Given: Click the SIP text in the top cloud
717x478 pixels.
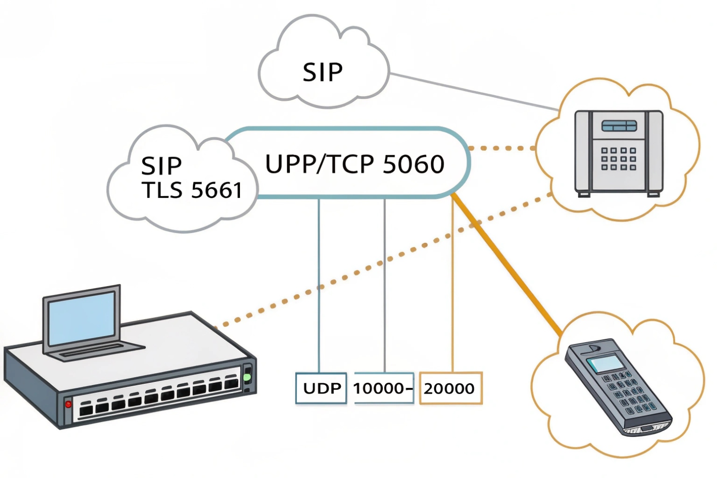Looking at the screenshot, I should (x=322, y=72).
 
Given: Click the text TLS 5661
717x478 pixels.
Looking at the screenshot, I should (x=192, y=190).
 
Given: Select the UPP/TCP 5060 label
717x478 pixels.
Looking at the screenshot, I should (x=354, y=164).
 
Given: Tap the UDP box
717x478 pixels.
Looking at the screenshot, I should (x=321, y=388).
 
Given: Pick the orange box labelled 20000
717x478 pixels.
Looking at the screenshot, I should (x=450, y=388).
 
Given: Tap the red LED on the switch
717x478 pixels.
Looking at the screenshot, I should (x=69, y=404).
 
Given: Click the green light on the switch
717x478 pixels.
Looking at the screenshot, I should (x=247, y=378).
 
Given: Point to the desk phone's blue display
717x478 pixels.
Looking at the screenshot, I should (x=619, y=126).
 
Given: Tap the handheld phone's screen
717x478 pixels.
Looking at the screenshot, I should (x=603, y=363).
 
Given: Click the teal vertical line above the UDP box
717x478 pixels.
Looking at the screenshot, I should (x=319, y=283).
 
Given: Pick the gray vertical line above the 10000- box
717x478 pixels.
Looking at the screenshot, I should (x=385, y=283).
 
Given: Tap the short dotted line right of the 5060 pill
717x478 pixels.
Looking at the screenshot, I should (x=502, y=148).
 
